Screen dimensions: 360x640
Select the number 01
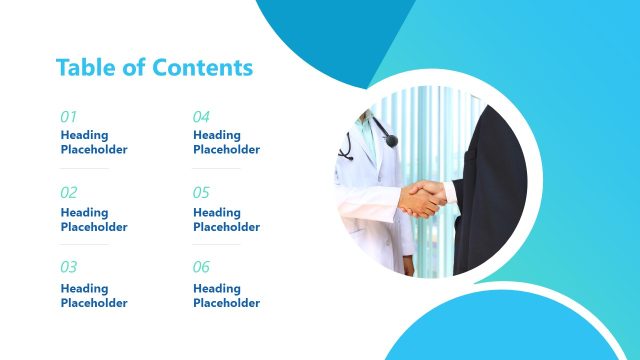coord(69,116)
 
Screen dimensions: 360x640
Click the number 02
coord(69,192)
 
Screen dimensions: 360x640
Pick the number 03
coord(69,267)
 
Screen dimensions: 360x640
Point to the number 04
coord(202,116)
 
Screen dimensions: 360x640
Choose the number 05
coord(202,192)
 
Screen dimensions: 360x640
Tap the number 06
coord(202,267)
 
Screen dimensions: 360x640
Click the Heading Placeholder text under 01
coord(94,142)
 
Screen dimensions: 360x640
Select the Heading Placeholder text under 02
coord(94,219)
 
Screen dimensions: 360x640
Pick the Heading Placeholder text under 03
coord(94,295)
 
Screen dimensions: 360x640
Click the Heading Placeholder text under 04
coord(226,142)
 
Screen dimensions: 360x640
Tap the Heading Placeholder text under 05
coord(226,219)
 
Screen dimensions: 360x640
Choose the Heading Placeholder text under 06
coord(226,295)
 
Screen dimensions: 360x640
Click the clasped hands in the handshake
coord(424,197)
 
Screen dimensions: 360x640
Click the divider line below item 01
coord(85,168)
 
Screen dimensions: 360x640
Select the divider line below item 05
coord(217,245)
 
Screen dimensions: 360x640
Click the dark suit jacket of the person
coord(490,200)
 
